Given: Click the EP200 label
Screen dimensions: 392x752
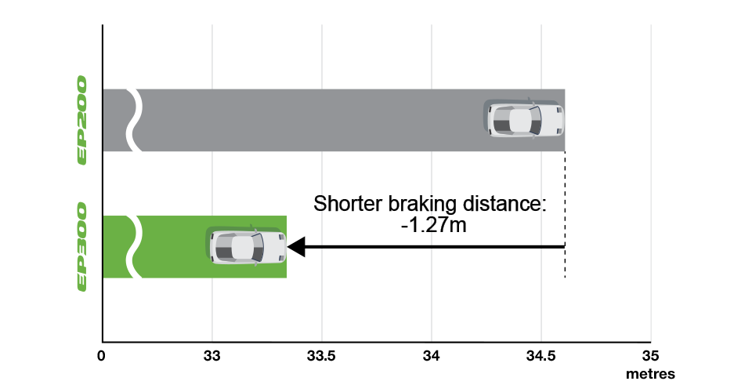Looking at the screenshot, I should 82,120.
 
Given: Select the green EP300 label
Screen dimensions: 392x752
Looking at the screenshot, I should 82,246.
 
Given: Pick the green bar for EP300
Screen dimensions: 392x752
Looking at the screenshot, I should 172,246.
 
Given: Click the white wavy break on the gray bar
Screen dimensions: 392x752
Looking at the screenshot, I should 135,120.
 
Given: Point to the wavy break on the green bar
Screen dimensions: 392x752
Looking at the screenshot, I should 135,246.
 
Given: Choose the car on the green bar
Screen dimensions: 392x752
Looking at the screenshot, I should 248,247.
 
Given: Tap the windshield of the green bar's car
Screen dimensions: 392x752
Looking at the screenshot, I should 258,247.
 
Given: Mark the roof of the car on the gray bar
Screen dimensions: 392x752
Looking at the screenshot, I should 520,120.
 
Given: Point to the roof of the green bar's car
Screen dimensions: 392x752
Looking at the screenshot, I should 243,247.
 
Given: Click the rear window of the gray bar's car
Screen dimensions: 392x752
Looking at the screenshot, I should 501,120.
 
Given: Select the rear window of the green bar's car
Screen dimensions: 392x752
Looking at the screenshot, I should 224,247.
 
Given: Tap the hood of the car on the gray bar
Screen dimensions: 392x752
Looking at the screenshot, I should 551,120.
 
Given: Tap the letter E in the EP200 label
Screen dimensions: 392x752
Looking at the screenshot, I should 82,157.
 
